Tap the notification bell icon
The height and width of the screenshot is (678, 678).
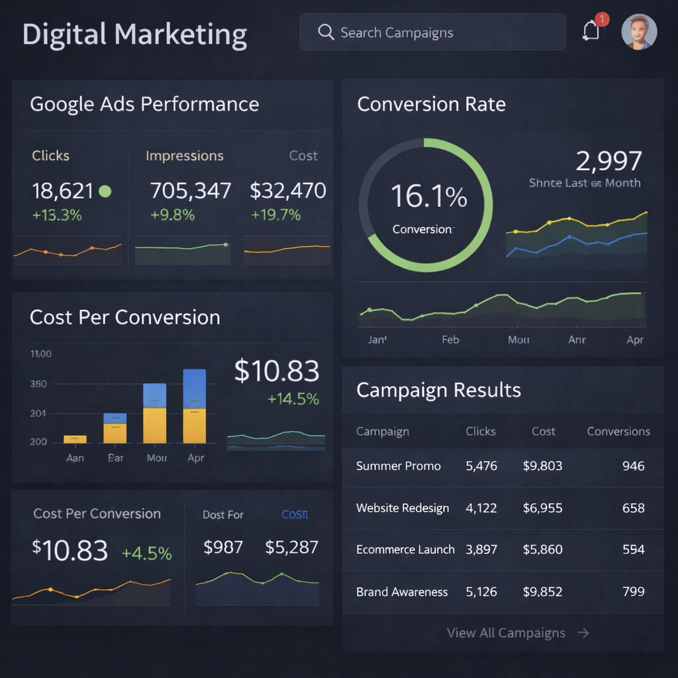point(591,30)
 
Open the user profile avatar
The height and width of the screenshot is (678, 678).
point(639,32)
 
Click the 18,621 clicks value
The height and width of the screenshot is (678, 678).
point(63,191)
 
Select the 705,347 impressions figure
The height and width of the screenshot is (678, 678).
point(191,191)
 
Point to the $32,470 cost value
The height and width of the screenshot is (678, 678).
point(288,191)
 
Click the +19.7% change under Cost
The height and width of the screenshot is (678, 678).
point(275,215)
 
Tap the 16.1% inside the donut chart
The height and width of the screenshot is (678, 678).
point(428,197)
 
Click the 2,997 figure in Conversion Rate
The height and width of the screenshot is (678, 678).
point(608,161)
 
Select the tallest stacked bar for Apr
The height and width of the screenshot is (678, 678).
point(194,406)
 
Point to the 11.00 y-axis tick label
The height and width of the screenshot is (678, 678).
point(41,354)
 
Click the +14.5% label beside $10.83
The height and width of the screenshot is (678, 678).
point(293,399)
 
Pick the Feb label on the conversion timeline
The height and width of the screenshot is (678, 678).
point(450,340)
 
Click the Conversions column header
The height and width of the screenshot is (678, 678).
point(618,431)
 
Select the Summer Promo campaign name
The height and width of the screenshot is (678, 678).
point(399,466)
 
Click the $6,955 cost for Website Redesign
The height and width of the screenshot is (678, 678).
point(542,508)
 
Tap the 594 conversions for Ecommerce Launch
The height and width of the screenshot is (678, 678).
point(633,550)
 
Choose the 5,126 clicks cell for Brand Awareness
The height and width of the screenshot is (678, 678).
point(481,591)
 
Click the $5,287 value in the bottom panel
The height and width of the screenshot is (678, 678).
point(291,548)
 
